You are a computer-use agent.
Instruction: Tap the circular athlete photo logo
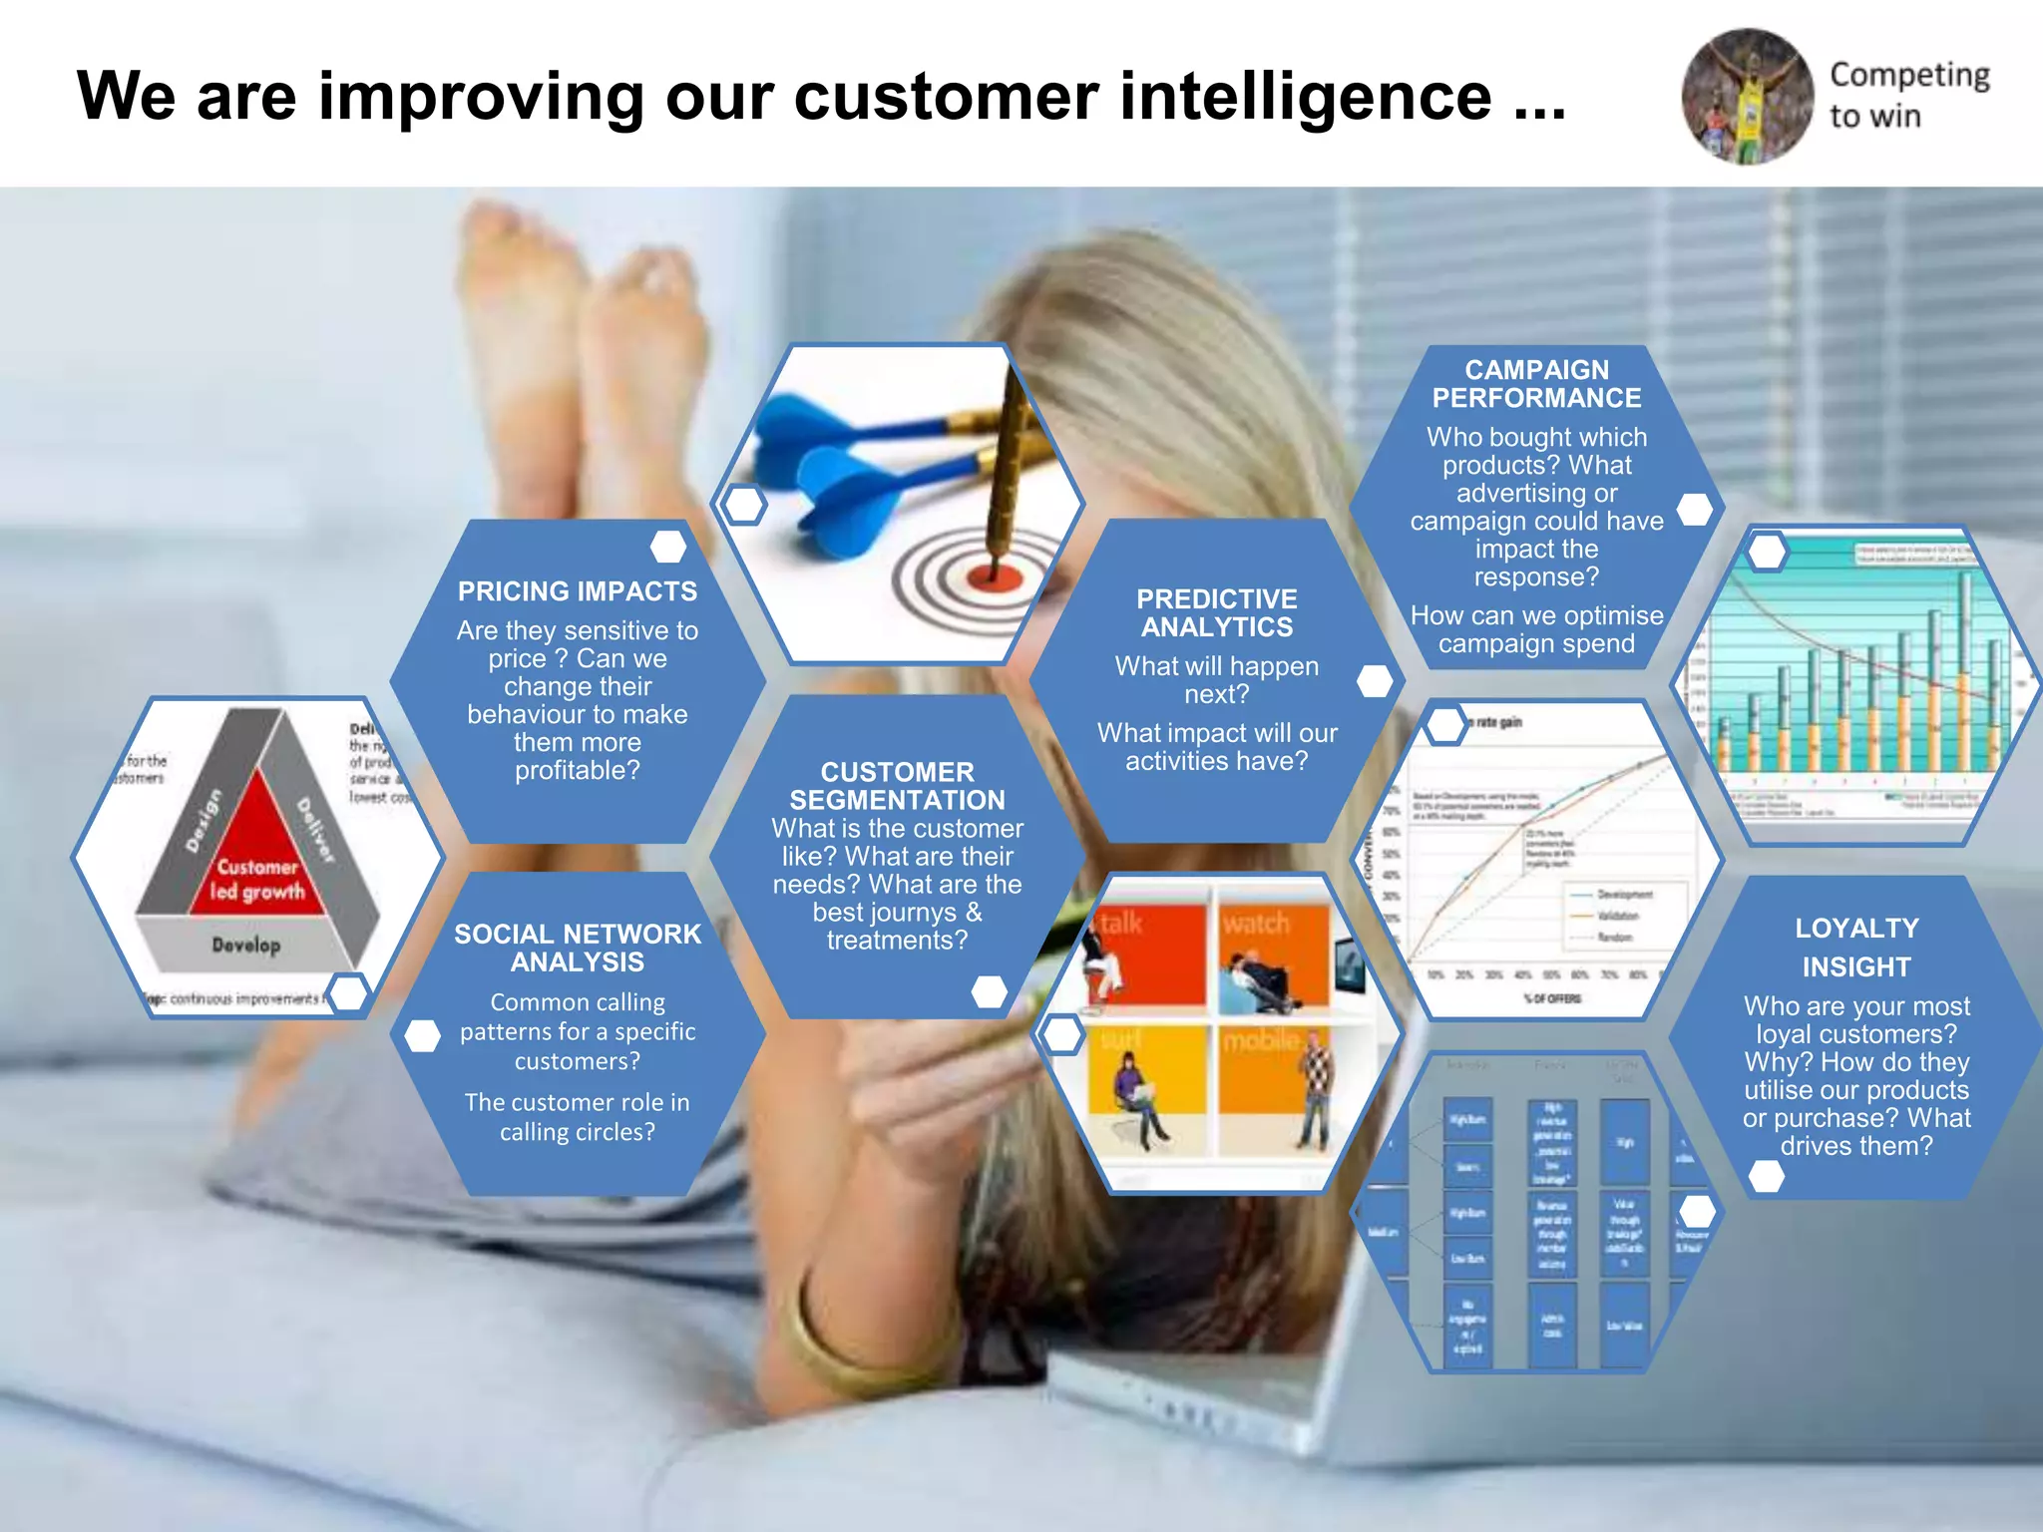pos(1747,96)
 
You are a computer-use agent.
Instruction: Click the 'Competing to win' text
pos(1907,95)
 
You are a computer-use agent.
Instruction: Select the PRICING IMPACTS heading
pos(578,591)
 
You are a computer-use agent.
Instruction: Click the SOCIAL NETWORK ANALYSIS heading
pos(578,948)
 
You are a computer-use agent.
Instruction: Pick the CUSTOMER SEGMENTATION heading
pos(897,786)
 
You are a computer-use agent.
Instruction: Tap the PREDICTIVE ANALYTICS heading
pos(1217,612)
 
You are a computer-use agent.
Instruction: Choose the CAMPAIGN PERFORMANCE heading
pos(1536,384)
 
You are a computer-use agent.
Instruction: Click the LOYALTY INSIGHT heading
pos(1856,947)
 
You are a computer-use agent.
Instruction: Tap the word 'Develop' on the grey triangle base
pos(245,944)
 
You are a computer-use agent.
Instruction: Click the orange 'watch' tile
pos(1273,953)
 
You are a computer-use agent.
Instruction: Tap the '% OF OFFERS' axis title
pos(1552,998)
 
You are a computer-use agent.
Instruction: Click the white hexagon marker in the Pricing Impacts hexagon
pos(667,546)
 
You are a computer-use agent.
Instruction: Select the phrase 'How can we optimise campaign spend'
pos(1536,629)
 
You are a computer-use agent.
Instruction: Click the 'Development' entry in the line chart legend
pos(1623,894)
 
